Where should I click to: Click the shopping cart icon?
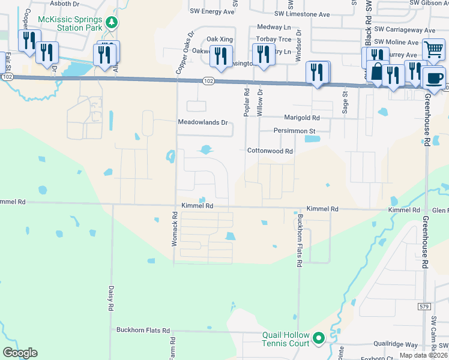(x=433, y=50)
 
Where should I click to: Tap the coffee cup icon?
(x=433, y=77)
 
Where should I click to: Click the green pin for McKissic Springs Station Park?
(x=110, y=22)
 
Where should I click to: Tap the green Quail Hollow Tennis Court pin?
(x=319, y=339)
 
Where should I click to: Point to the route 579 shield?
(x=424, y=307)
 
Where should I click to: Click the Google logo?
(x=20, y=353)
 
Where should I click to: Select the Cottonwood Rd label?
(x=270, y=152)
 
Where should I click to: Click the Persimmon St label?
(x=295, y=131)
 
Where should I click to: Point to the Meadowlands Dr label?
(x=203, y=122)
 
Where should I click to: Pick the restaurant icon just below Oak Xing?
(x=223, y=56)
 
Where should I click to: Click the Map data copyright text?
(x=424, y=355)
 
